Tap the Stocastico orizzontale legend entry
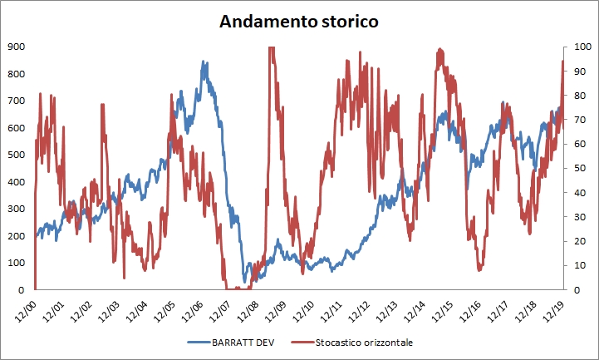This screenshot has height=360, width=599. pos(358,342)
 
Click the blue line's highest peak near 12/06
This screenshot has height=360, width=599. pos(204,62)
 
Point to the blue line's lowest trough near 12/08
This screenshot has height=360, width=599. pos(246,281)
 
